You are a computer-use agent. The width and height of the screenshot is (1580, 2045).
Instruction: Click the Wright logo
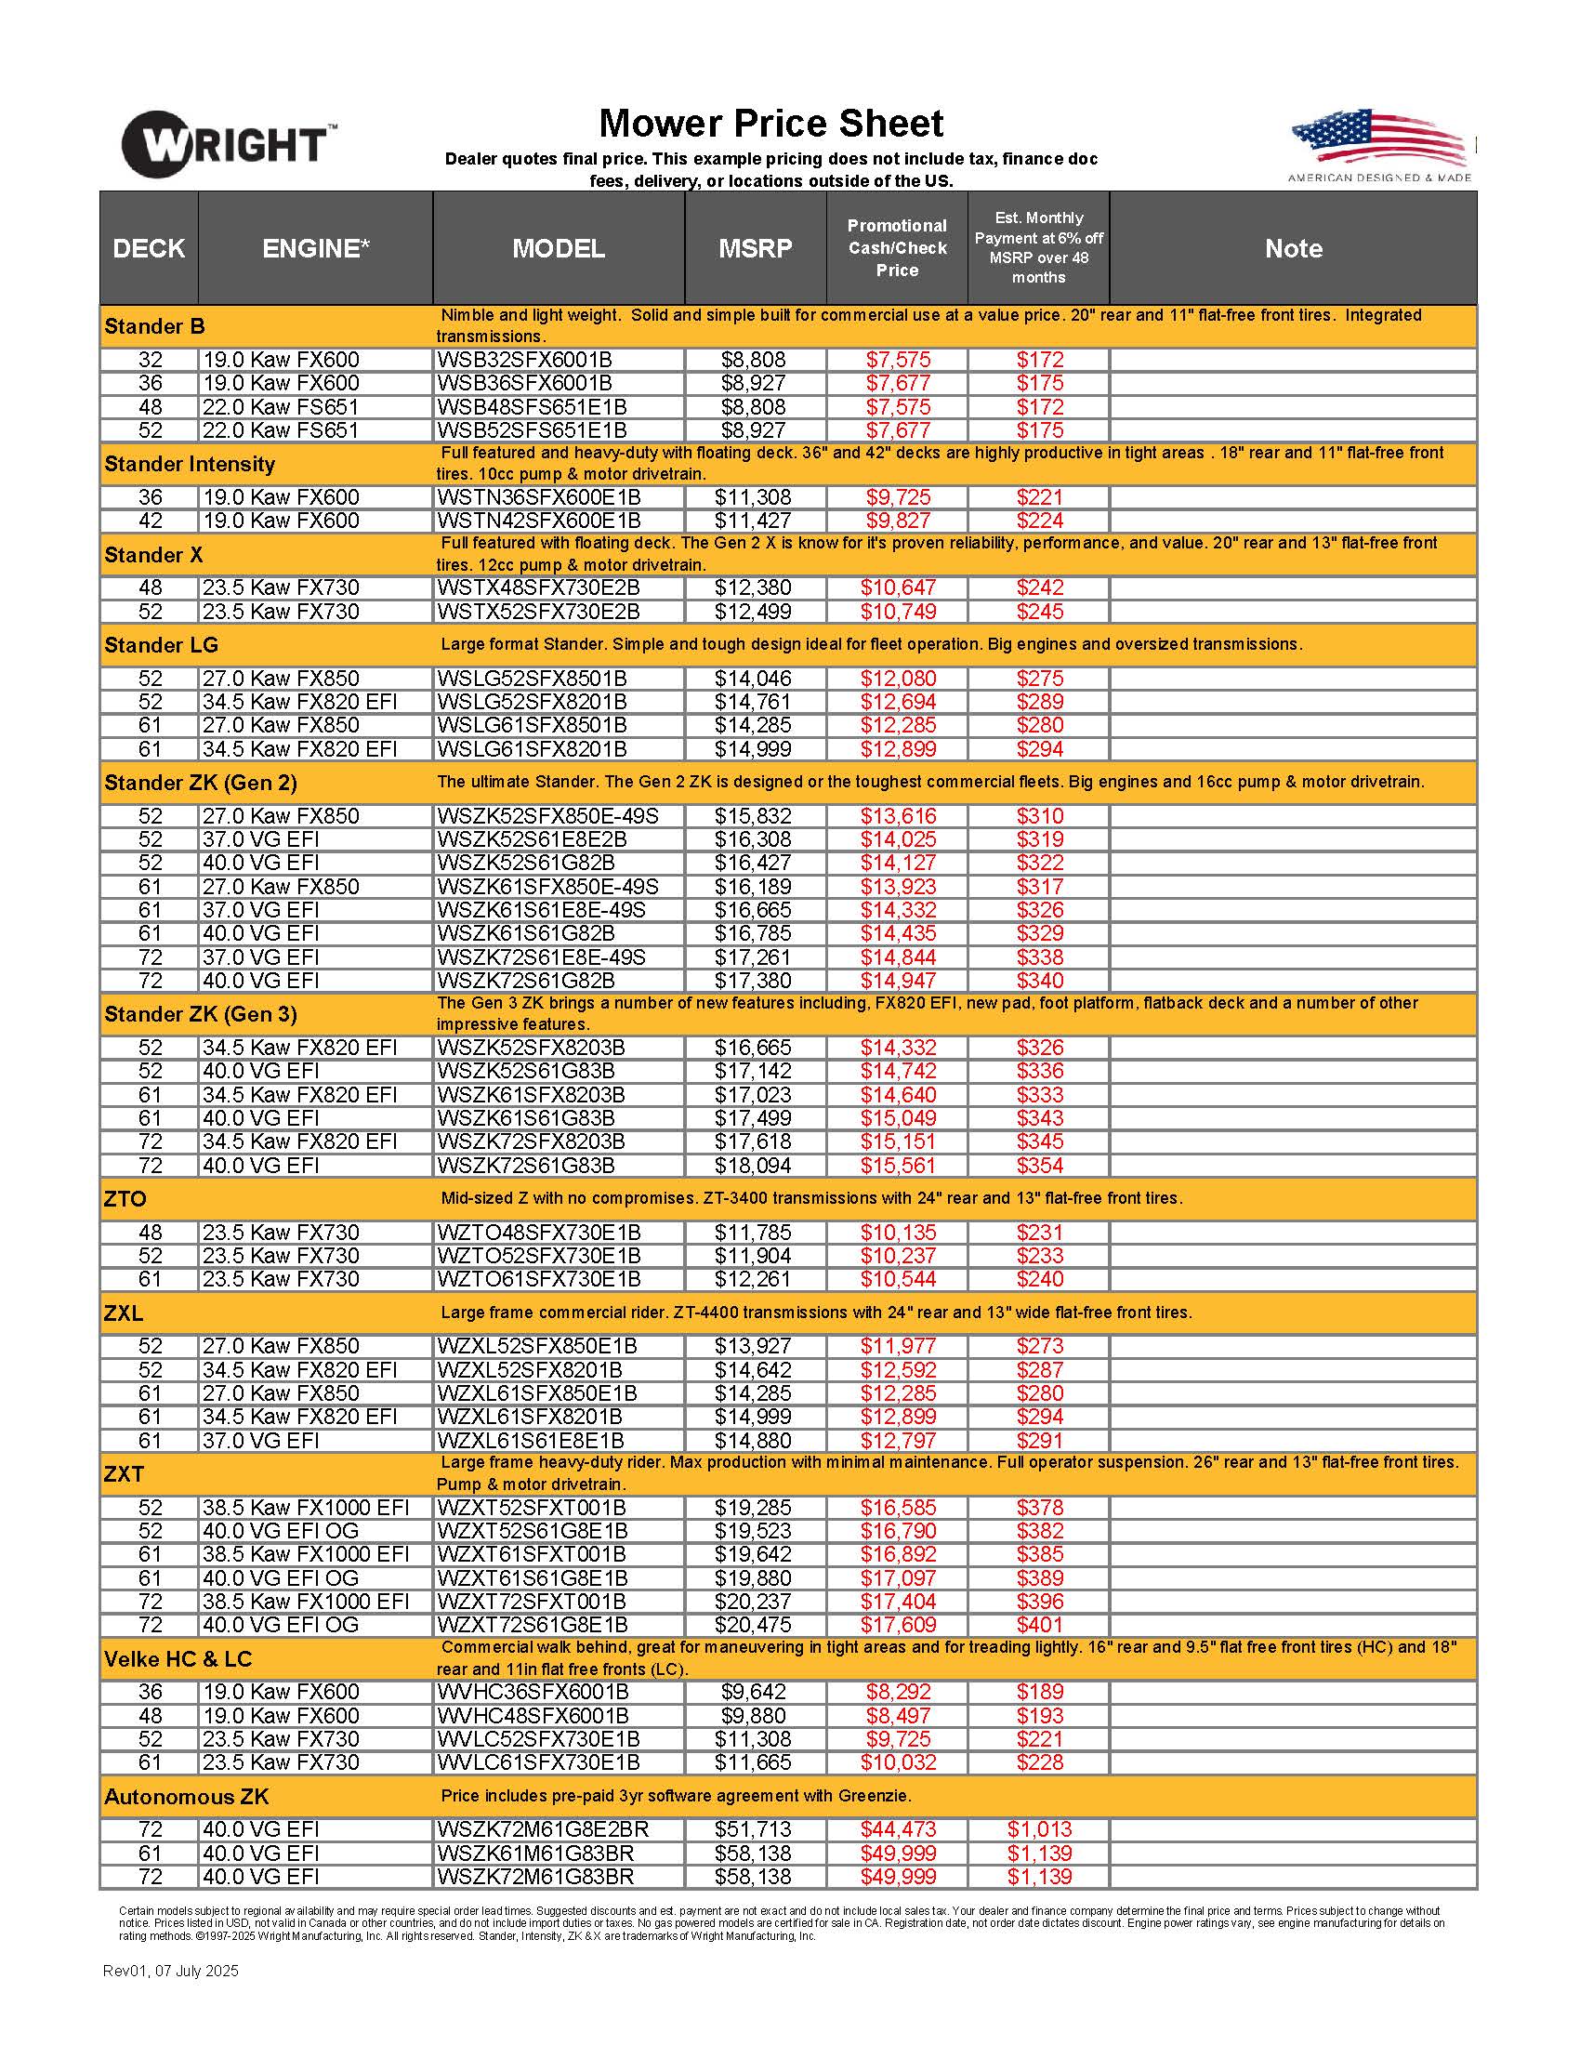[x=228, y=144]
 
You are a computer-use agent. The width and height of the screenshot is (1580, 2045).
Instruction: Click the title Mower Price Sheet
[x=770, y=124]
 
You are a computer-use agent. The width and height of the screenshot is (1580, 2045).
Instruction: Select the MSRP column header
[x=755, y=248]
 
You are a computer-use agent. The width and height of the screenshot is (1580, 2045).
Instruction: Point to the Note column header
[x=1293, y=248]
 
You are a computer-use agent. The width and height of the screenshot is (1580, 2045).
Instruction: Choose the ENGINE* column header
[x=315, y=248]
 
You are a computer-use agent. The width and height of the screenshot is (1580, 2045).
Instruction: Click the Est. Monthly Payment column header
[x=1038, y=248]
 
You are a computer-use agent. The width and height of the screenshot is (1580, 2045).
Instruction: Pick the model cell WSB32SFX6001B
[x=524, y=360]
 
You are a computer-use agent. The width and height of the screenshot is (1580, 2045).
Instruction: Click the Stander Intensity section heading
[x=190, y=465]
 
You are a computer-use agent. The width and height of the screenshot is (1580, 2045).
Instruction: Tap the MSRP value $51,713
[x=753, y=1829]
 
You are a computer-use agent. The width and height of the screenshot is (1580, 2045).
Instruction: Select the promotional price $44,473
[x=898, y=1829]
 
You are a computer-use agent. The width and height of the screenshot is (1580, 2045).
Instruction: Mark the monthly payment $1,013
[x=1039, y=1829]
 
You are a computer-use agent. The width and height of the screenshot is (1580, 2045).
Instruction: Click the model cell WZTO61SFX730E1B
[x=538, y=1279]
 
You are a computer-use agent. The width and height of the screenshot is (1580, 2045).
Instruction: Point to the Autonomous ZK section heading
[x=186, y=1797]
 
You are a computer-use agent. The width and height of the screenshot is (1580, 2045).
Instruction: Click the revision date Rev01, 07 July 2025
[x=170, y=1971]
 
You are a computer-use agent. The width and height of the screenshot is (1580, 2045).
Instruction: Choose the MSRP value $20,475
[x=753, y=1625]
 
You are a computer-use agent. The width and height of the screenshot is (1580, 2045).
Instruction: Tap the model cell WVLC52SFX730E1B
[x=538, y=1739]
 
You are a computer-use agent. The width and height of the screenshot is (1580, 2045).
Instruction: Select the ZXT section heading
[x=124, y=1474]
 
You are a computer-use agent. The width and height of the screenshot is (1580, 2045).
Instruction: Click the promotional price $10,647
[x=898, y=588]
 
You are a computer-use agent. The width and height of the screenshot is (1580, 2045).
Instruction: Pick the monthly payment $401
[x=1039, y=1625]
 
